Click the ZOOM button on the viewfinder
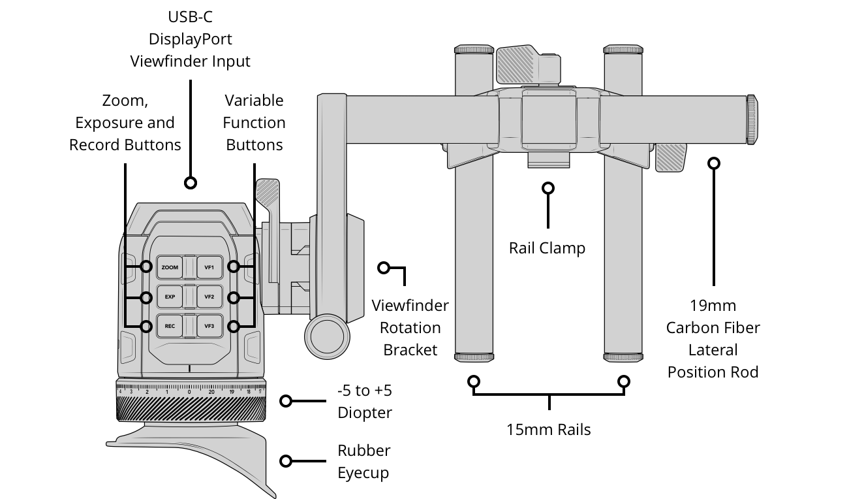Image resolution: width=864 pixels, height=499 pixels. tap(170, 267)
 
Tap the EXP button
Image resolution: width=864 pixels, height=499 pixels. tap(170, 297)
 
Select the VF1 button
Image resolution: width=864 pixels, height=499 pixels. tap(209, 267)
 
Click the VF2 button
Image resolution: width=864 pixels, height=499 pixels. tap(209, 297)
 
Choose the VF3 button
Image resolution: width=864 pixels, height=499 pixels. tap(209, 326)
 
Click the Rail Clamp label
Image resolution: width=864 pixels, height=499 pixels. tap(547, 248)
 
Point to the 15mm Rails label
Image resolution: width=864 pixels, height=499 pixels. tap(548, 430)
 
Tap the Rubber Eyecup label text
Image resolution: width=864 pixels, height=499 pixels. tap(363, 462)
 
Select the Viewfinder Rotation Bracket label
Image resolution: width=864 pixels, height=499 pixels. tap(410, 327)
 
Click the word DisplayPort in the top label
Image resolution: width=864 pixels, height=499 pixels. tap(190, 39)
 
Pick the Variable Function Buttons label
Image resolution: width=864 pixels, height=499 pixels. tap(254, 123)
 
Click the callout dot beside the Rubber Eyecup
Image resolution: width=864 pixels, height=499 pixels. tap(286, 461)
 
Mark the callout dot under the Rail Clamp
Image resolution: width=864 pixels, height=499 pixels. tap(548, 188)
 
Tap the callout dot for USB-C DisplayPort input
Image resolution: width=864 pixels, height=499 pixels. tap(190, 183)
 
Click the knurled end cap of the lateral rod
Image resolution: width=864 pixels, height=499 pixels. tap(752, 120)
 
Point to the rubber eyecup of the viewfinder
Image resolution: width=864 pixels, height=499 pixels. tap(196, 457)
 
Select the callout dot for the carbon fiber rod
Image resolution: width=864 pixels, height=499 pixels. tap(714, 163)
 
